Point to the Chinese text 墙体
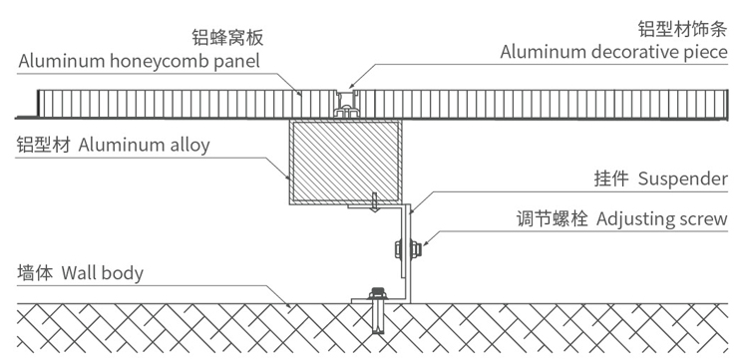tap(36, 272)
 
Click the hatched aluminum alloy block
tap(344, 160)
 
